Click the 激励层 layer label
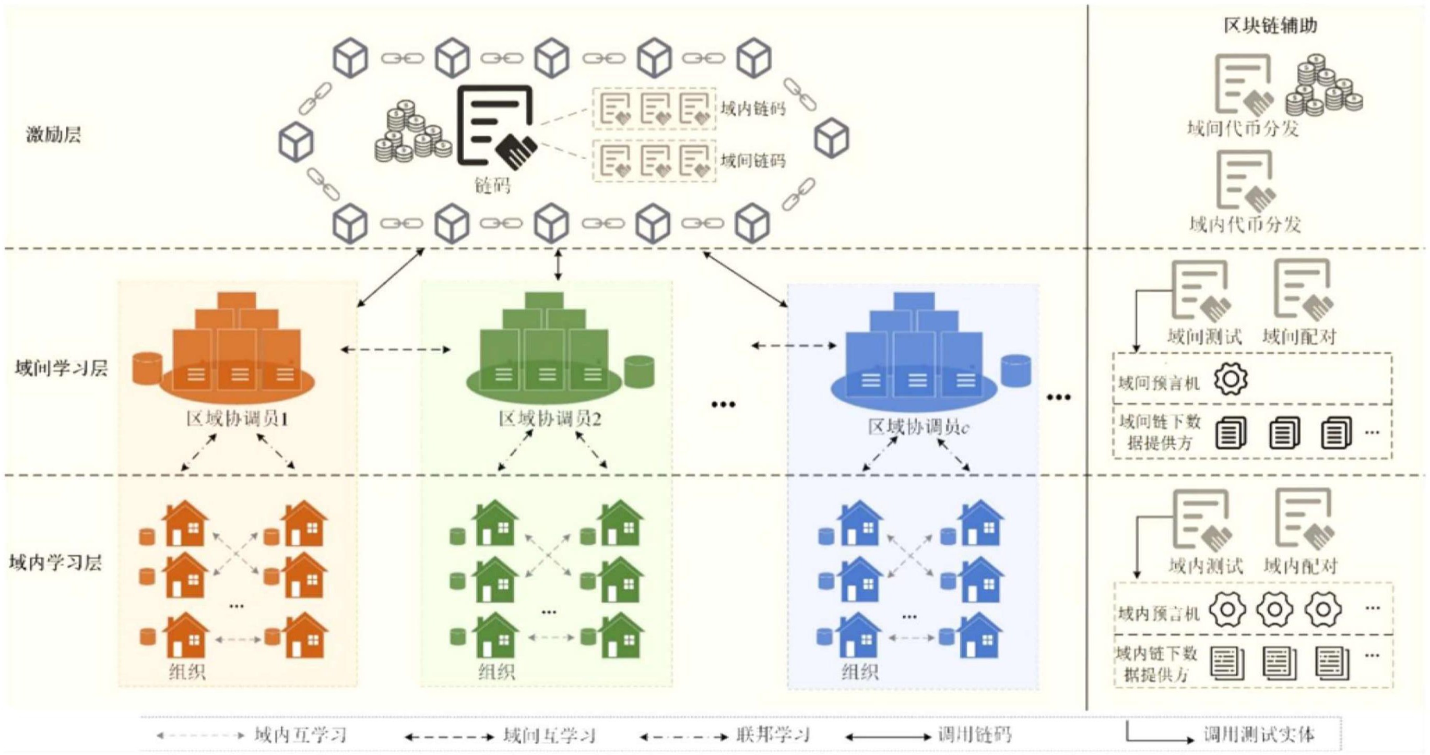coord(53,135)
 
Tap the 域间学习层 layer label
coord(61,368)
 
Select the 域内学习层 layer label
coord(55,563)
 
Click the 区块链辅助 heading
coord(1270,26)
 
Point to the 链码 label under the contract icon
coord(492,185)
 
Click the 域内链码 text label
coord(753,108)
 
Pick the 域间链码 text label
coord(753,161)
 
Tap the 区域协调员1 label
coord(237,420)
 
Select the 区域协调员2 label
coord(549,420)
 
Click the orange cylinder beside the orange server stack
coord(148,368)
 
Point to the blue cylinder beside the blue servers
coord(1017,370)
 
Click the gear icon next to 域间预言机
coord(1231,379)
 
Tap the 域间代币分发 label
coord(1243,129)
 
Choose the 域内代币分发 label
coord(1245,224)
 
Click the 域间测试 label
coord(1204,336)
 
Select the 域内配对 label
coord(1300,566)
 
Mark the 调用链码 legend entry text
coord(974,735)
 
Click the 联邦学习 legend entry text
coord(773,735)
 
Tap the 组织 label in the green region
coord(497,673)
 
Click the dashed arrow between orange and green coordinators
coord(395,350)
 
